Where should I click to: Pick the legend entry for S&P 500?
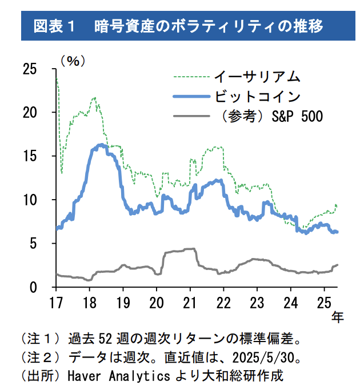[x=269, y=117]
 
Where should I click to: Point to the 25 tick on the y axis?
[x=30, y=69]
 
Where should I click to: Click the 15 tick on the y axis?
[x=30, y=156]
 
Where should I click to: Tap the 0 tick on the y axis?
[x=34, y=288]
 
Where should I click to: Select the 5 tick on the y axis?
[x=34, y=244]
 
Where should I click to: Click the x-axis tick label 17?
[x=56, y=302]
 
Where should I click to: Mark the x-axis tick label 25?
[x=324, y=302]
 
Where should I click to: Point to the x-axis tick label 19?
[x=123, y=302]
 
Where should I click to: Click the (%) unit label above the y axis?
[x=73, y=60]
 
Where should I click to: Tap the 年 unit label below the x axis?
[x=338, y=317]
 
